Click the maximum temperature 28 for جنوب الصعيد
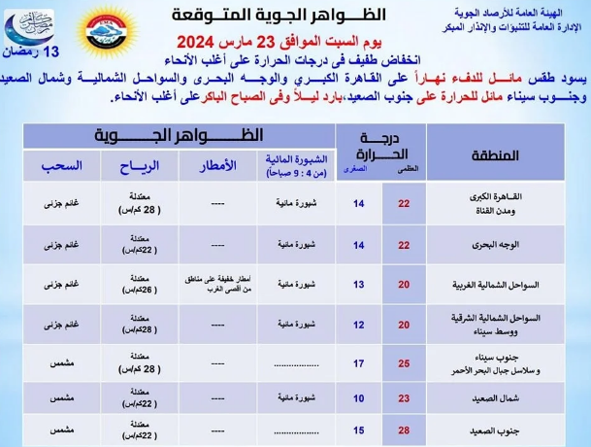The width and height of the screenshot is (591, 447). tap(404, 430)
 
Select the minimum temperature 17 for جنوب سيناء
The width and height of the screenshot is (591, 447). tap(358, 363)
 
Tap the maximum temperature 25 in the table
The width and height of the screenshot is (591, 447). tap(404, 363)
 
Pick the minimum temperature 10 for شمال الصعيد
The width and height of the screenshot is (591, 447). tap(358, 397)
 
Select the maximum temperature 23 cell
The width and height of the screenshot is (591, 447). tap(404, 397)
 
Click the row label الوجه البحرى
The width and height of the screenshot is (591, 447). tap(511, 246)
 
